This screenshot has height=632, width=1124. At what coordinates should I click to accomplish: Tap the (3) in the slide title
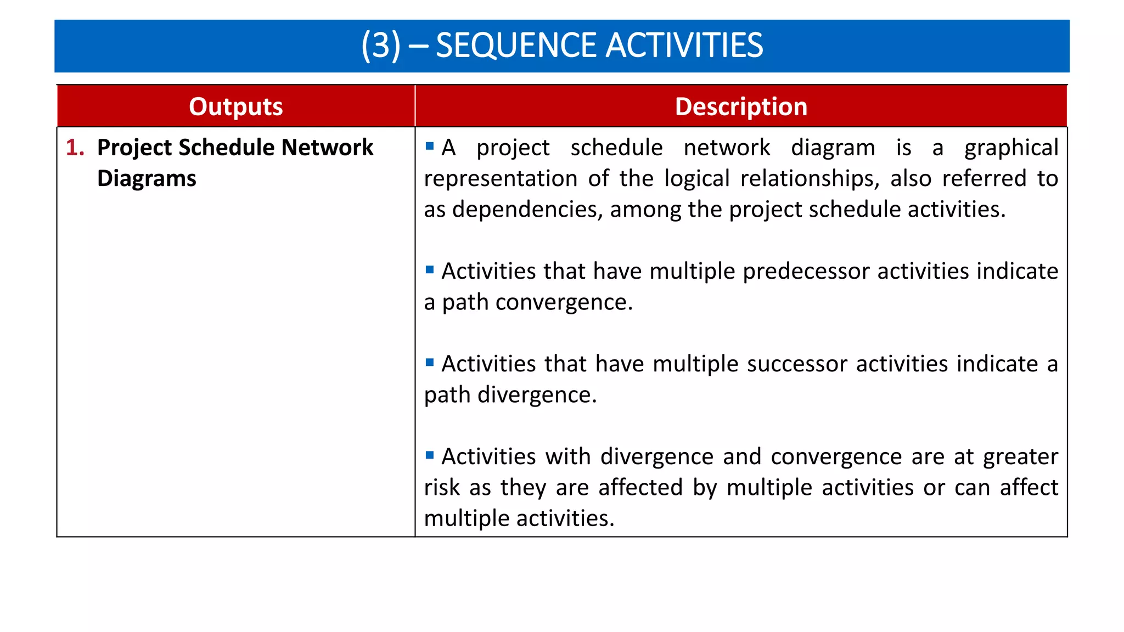[381, 46]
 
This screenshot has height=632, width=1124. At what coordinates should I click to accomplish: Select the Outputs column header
[235, 106]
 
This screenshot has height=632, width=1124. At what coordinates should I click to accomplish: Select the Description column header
[741, 106]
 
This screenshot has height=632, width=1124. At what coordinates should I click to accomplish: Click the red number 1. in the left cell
[75, 148]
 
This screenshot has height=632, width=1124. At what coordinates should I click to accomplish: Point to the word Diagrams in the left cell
[147, 179]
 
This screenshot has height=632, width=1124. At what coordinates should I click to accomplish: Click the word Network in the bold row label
[327, 148]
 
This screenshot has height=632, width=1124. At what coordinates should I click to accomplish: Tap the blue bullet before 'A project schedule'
[430, 146]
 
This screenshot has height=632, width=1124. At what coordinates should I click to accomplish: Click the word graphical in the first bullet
[1011, 148]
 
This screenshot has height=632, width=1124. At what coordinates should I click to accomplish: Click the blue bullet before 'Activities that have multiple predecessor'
[430, 269]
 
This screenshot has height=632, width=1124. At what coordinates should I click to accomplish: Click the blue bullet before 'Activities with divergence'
[430, 455]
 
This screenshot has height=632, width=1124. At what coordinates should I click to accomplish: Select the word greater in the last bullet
[1020, 457]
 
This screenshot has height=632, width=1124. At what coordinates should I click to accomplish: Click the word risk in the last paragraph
[441, 488]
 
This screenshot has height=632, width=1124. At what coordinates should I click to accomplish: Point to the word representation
[500, 179]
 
